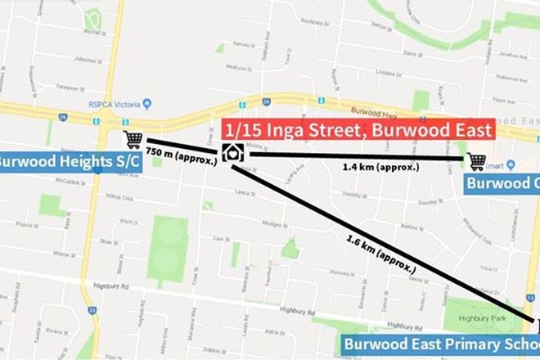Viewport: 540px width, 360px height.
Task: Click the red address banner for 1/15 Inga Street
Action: coord(356,129)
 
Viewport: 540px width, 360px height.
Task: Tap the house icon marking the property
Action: coord(232,153)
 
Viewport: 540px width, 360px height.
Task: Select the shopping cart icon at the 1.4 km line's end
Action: coord(476,161)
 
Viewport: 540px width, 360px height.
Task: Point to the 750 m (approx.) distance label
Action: coord(182,154)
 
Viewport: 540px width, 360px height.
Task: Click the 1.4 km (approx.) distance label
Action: coord(381,166)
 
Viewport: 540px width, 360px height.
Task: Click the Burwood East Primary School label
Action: coord(439,344)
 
